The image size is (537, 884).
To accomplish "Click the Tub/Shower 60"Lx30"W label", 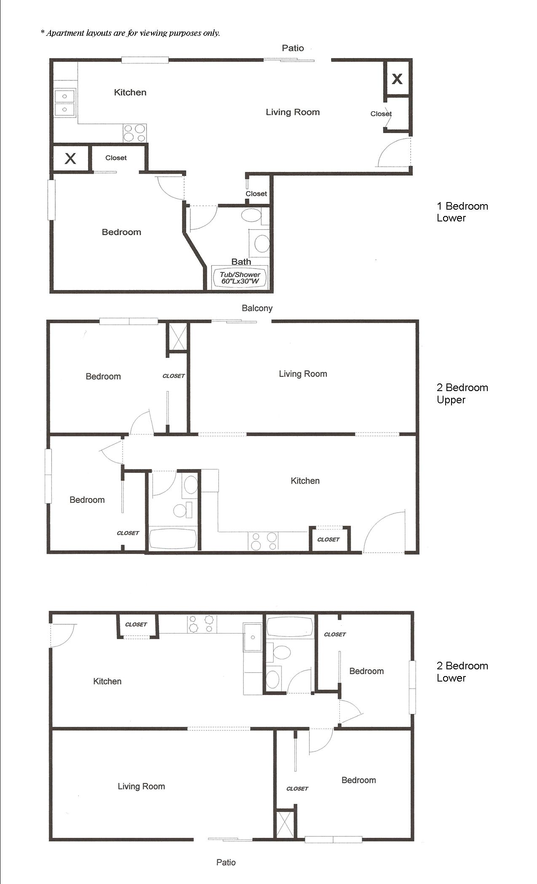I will [x=240, y=278].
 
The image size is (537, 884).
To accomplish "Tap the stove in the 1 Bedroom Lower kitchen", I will [x=135, y=133].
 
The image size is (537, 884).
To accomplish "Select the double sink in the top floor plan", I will [x=65, y=103].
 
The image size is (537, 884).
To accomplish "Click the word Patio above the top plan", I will [x=293, y=48].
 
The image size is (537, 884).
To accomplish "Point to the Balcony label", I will [x=257, y=308].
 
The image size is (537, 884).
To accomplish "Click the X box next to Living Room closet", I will [x=397, y=78].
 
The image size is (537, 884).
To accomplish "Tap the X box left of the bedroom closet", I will [x=70, y=159].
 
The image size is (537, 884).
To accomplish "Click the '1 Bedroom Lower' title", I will [x=462, y=212].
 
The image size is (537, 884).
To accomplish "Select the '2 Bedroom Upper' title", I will [x=462, y=393].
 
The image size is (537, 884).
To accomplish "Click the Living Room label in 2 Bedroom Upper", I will [x=303, y=374].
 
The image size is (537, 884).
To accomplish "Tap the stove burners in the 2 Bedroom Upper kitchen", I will [x=263, y=541].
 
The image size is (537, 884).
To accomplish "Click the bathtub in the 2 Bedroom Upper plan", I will [x=173, y=538].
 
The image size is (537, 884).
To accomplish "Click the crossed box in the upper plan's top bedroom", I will [x=177, y=336].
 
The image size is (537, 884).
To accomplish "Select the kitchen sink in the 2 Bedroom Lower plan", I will [x=253, y=637].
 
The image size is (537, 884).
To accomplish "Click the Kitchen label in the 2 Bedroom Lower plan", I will [x=107, y=681].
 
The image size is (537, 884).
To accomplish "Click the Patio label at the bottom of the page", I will [x=226, y=862].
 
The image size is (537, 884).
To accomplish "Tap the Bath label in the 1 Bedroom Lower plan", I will [x=241, y=261].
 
